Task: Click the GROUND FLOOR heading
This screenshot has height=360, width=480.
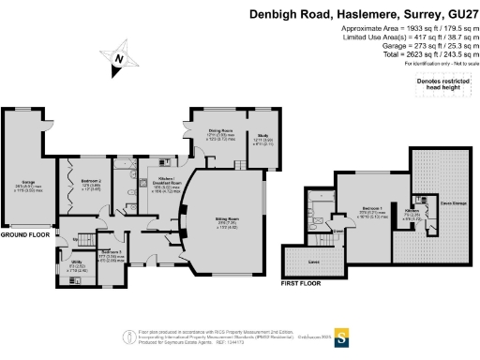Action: pos(24,235)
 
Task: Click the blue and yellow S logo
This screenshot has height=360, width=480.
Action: pos(343,335)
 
